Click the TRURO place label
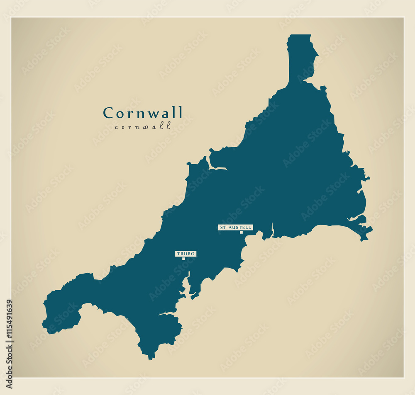[186, 254]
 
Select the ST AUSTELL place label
[235, 228]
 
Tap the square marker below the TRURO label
[183, 259]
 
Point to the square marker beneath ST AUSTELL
[241, 233]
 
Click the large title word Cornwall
[143, 113]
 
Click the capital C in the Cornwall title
[108, 113]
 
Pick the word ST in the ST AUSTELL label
[223, 228]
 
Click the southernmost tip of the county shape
[151, 359]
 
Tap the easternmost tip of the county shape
[372, 228]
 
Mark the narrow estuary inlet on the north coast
[218, 168]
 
